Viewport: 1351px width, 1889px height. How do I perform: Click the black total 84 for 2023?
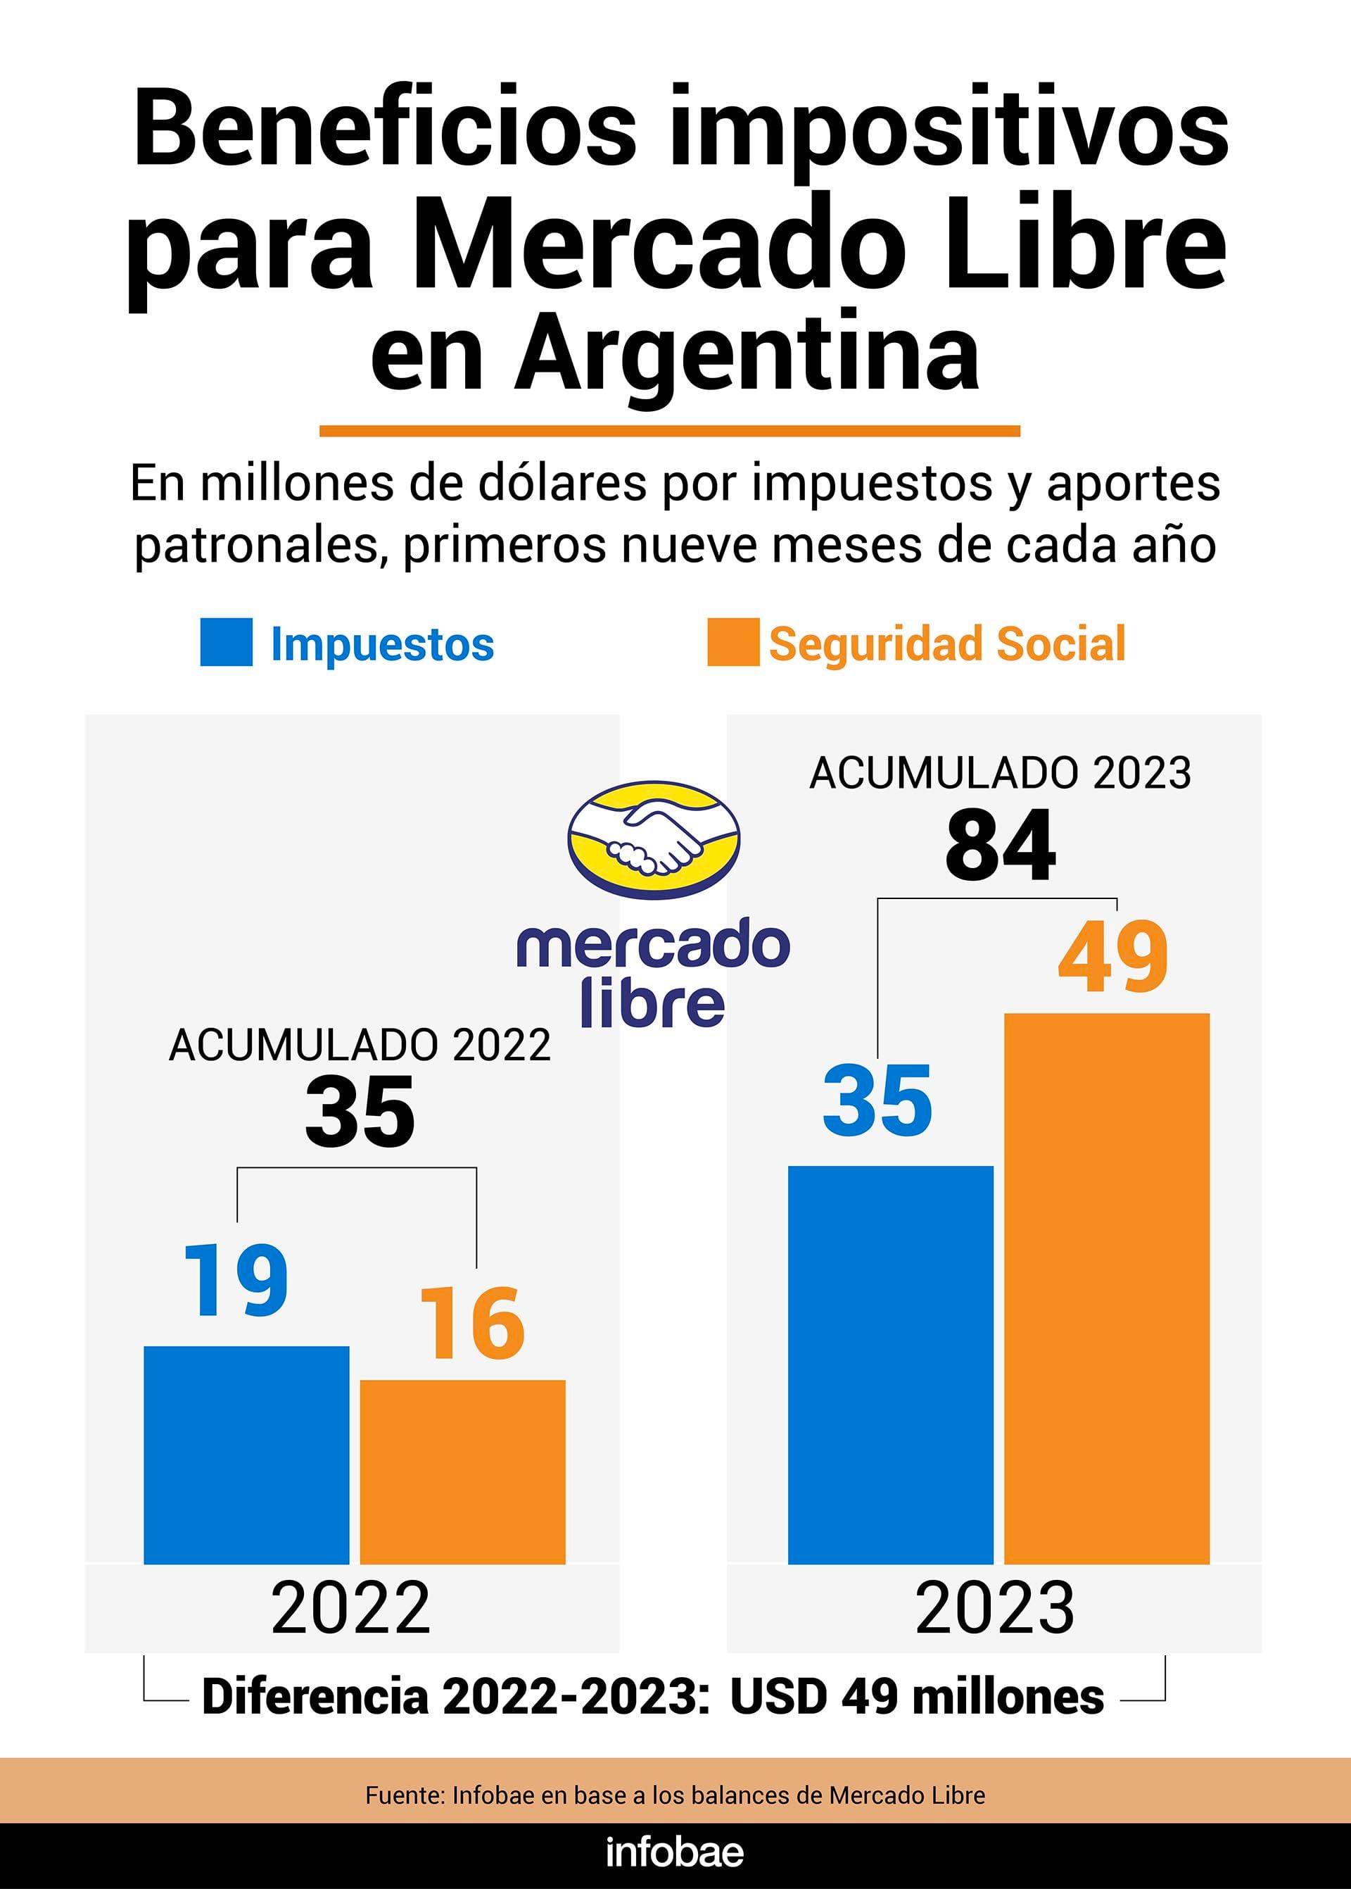1000,846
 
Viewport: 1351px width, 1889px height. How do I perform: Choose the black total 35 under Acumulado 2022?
360,1112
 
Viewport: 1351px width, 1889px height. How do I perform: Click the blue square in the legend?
227,642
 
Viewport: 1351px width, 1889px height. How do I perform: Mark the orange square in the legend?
733,642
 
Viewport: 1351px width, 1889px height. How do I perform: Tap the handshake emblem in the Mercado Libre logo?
654,839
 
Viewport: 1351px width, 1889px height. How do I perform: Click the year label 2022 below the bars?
350,1608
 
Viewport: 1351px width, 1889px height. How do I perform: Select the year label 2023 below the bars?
995,1608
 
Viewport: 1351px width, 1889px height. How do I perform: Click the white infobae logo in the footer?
675,1852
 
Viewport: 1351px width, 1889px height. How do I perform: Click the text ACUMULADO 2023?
1000,773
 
